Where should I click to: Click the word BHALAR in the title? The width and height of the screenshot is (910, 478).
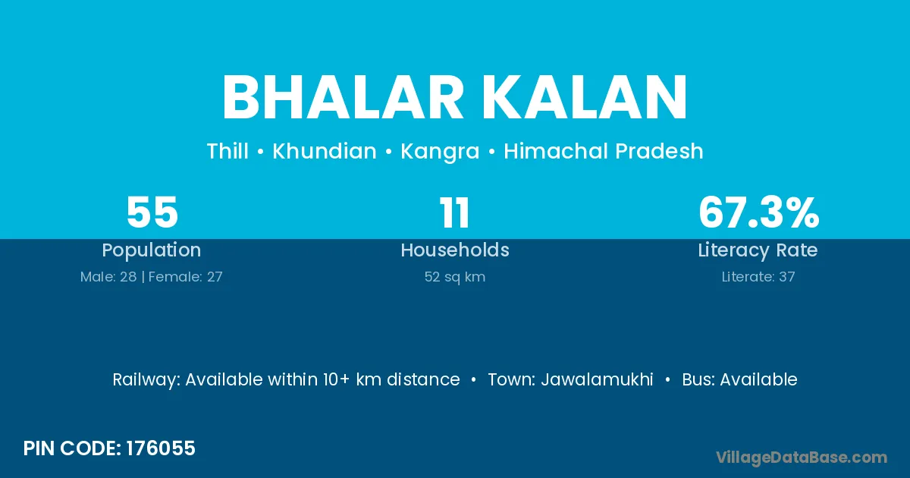pyautogui.click(x=343, y=98)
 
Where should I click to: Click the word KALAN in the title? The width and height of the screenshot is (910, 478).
pyautogui.click(x=584, y=98)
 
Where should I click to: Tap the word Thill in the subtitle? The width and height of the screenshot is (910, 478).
pyautogui.click(x=227, y=151)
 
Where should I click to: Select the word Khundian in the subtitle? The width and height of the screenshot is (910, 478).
pyautogui.click(x=325, y=151)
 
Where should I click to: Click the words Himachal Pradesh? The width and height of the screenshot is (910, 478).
pyautogui.click(x=604, y=151)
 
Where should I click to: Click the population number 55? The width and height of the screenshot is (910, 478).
pyautogui.click(x=152, y=212)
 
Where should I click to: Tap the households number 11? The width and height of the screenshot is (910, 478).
pyautogui.click(x=454, y=212)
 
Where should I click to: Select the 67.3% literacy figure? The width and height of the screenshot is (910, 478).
pyautogui.click(x=758, y=212)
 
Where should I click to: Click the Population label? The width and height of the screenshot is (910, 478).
pyautogui.click(x=151, y=250)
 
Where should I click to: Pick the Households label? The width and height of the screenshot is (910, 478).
pyautogui.click(x=454, y=250)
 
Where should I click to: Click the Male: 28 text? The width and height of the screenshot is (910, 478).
pyautogui.click(x=108, y=277)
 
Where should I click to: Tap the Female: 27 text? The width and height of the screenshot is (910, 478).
pyautogui.click(x=185, y=277)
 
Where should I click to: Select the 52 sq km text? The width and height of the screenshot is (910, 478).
pyautogui.click(x=454, y=277)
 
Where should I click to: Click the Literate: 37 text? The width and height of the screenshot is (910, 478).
pyautogui.click(x=758, y=277)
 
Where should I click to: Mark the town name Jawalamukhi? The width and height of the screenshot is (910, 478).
pyautogui.click(x=597, y=379)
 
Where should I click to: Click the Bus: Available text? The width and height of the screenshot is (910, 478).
pyautogui.click(x=739, y=379)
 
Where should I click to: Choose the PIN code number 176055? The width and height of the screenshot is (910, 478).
pyautogui.click(x=161, y=448)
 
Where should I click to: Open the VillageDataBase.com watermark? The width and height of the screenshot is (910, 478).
pyautogui.click(x=801, y=458)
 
